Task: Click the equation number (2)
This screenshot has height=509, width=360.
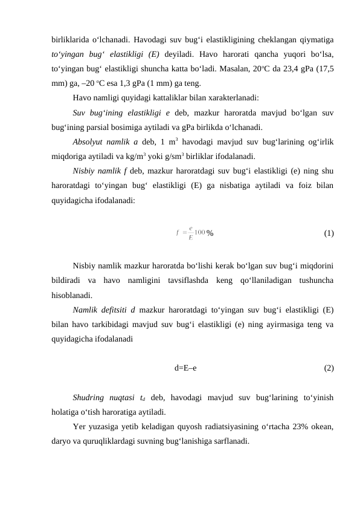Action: (329, 368)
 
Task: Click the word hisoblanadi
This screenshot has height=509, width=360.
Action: (72, 296)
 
